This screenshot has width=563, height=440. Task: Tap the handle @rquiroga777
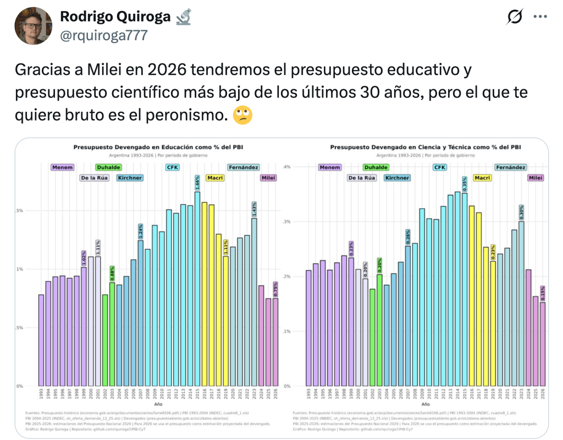tap(104, 35)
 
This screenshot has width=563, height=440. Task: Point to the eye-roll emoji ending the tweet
tap(242, 116)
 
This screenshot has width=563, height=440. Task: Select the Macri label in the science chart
tap(482, 178)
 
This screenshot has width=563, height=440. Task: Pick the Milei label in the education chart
tap(269, 178)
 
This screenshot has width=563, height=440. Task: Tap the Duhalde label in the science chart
tap(376, 167)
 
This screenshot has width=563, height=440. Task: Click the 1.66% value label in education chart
tap(197, 182)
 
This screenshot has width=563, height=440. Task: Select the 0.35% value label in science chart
tap(465, 184)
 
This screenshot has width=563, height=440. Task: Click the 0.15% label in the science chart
tap(543, 294)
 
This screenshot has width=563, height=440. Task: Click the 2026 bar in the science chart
tap(543, 344)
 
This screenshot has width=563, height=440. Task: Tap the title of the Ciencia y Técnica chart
tap(425, 148)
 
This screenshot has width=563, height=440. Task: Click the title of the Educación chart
tap(158, 148)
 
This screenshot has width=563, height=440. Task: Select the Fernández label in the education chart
tap(242, 167)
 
